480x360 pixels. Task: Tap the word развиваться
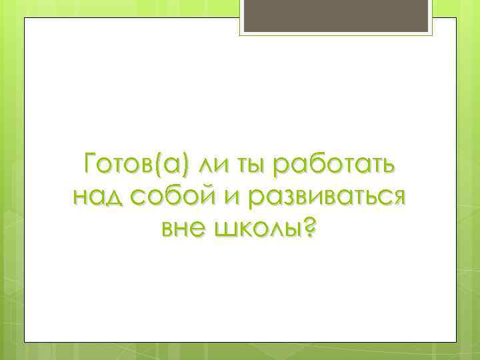pyautogui.click(x=327, y=197)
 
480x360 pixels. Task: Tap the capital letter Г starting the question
pyautogui.click(x=90, y=163)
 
